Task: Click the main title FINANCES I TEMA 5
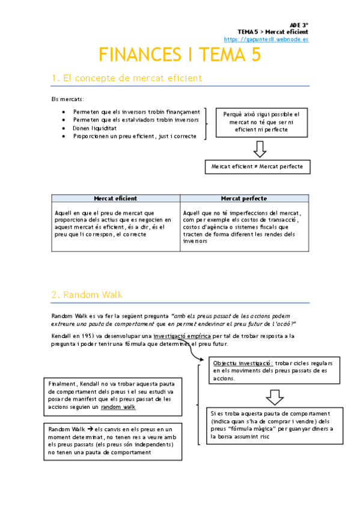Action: click(x=180, y=55)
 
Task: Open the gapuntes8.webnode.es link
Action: click(x=274, y=39)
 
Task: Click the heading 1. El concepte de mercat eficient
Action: click(x=126, y=78)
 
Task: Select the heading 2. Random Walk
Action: click(x=87, y=294)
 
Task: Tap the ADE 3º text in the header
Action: click(x=299, y=24)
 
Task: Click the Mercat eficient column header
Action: click(x=115, y=198)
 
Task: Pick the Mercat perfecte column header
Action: click(x=244, y=198)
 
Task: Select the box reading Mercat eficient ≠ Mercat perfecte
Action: click(x=257, y=166)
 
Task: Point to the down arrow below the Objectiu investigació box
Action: click(x=275, y=397)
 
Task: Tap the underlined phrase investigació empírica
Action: click(x=182, y=336)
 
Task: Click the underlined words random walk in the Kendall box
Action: click(x=118, y=407)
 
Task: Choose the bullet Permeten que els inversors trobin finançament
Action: click(x=136, y=112)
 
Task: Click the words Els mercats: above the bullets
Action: click(x=67, y=99)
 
